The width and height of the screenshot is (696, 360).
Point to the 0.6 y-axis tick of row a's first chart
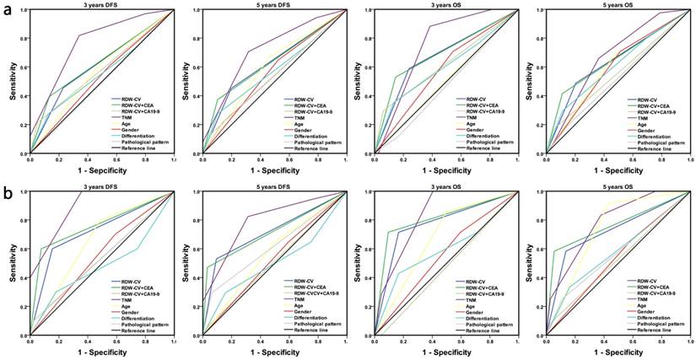[x=24, y=68]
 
